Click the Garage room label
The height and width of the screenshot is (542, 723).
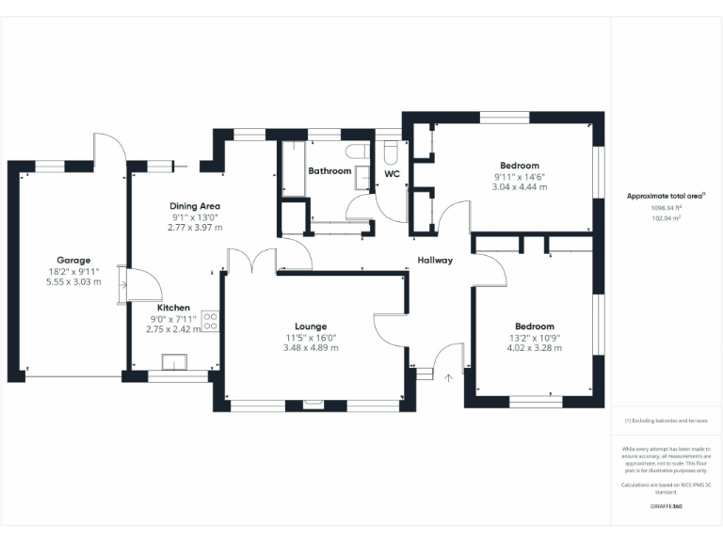(73, 260)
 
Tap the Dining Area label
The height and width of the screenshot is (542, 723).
(195, 205)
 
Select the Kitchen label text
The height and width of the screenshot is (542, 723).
(174, 308)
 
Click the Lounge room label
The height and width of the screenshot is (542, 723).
(311, 326)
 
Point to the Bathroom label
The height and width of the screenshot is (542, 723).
(329, 171)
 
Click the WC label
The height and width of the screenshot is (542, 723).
(393, 174)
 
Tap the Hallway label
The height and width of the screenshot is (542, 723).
(436, 261)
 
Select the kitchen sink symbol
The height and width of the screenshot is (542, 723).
(174, 362)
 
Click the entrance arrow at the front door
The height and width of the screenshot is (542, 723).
(449, 377)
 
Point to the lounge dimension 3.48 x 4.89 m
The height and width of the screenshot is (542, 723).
(311, 348)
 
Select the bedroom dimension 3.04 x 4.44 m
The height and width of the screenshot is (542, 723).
(520, 187)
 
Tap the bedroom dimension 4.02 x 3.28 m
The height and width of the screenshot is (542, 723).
(534, 348)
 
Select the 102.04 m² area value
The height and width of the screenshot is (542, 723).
(667, 217)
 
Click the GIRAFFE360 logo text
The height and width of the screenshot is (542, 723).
(667, 506)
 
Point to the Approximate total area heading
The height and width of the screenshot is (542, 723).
(666, 196)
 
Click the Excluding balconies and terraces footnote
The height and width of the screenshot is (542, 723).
(667, 421)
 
